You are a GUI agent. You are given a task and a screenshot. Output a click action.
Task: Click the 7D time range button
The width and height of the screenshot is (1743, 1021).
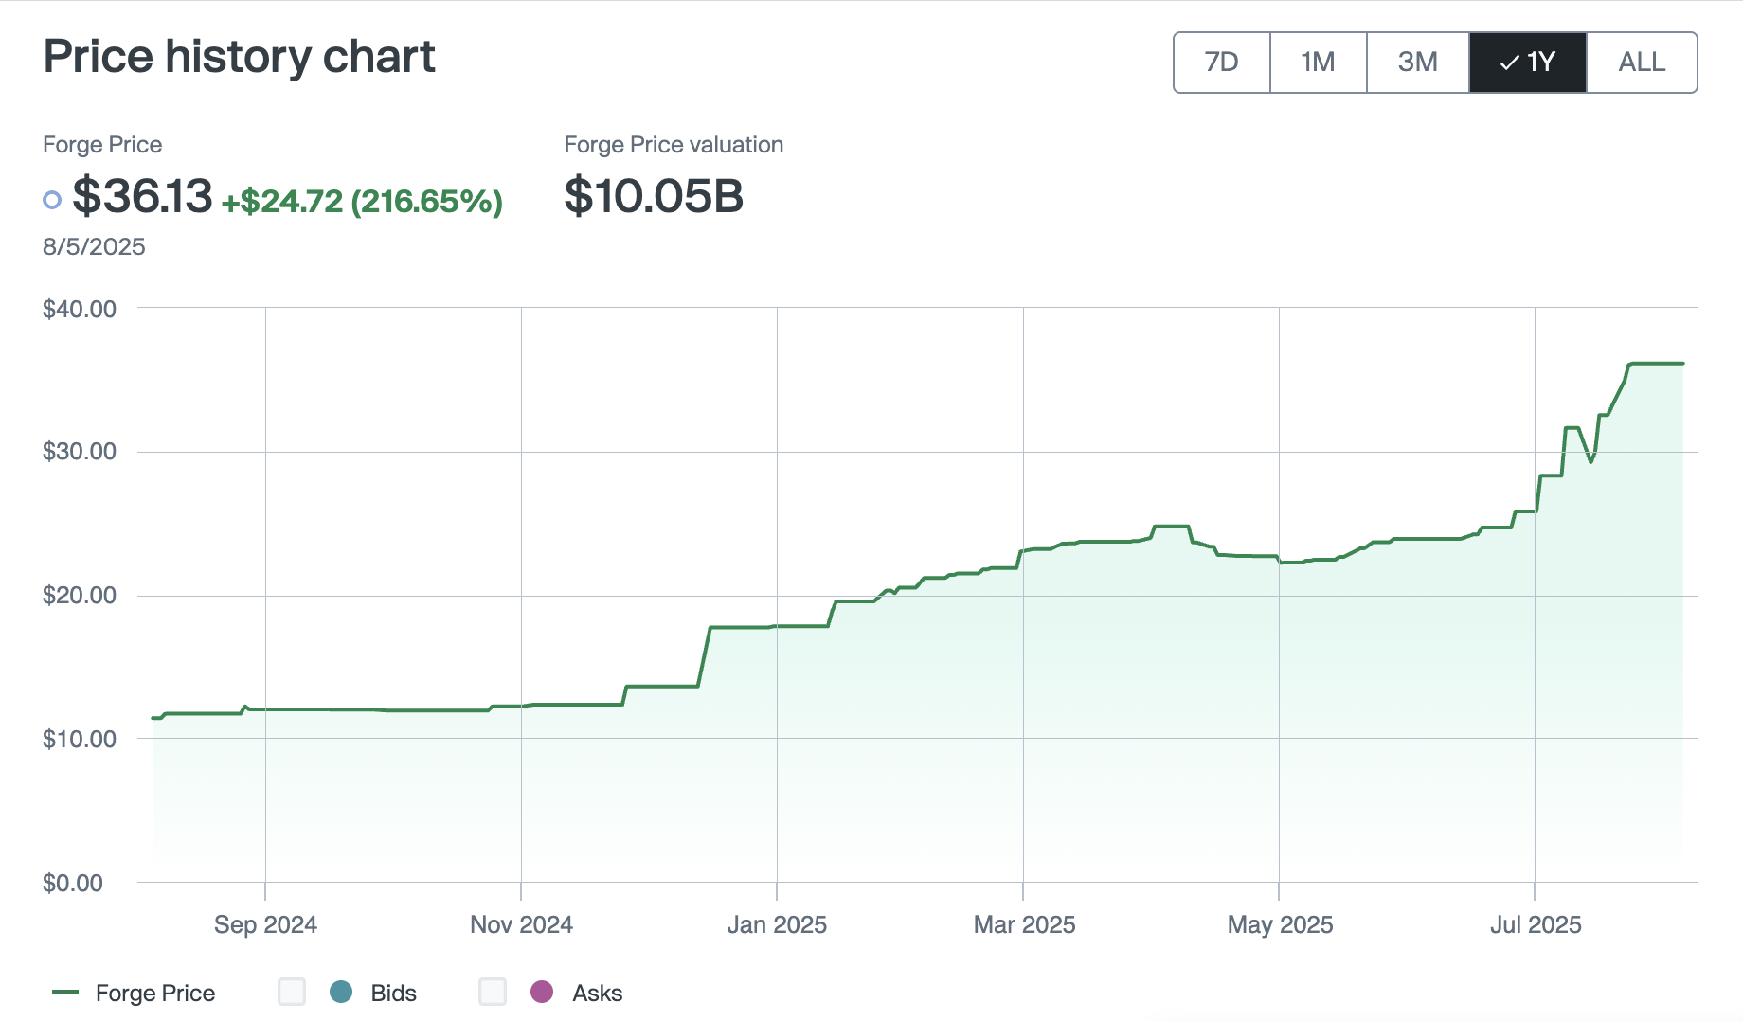click(1221, 63)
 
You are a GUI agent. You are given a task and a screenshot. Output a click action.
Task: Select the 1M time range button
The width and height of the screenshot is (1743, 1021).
click(1318, 63)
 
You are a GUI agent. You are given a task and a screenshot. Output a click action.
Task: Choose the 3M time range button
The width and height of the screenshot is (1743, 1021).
click(1417, 63)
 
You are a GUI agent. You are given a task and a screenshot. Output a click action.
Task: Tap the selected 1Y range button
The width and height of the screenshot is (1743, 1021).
click(1527, 63)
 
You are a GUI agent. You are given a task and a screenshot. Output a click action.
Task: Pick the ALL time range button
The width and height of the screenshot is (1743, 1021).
click(1642, 63)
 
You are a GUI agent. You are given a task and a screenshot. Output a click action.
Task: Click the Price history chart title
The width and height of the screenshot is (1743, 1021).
click(239, 57)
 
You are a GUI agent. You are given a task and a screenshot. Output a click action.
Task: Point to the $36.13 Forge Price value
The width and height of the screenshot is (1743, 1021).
click(142, 196)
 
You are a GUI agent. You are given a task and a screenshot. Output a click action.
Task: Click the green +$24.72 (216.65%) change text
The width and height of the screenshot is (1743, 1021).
click(362, 201)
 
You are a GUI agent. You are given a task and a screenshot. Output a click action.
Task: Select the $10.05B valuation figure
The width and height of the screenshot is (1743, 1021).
click(654, 196)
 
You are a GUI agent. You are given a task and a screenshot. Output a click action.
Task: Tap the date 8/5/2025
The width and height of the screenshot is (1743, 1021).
click(94, 247)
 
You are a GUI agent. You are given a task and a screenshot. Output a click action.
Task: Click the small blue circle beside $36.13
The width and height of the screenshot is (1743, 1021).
click(52, 200)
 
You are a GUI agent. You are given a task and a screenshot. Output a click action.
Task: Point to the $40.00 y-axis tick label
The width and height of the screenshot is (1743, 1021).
click(80, 309)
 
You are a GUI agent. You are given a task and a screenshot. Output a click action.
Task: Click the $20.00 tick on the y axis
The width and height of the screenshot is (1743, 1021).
click(80, 595)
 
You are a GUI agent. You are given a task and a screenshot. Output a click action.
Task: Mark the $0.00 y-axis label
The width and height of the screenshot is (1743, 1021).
click(73, 883)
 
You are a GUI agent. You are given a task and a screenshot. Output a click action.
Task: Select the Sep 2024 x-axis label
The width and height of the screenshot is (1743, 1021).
click(265, 924)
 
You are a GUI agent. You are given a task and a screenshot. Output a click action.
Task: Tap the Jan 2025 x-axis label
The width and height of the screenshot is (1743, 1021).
click(777, 924)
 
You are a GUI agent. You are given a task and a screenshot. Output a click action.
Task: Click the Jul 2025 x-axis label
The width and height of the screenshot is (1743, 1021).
click(1536, 924)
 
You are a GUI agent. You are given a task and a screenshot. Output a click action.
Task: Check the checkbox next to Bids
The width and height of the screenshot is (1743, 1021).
click(292, 992)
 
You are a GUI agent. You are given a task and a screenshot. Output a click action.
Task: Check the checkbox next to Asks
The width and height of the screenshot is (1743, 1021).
click(493, 992)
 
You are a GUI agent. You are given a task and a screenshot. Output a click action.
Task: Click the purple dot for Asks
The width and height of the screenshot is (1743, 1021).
click(542, 992)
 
